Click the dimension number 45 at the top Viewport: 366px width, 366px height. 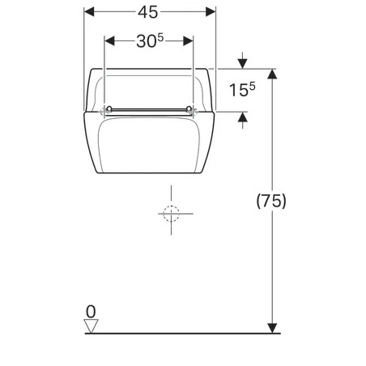147,12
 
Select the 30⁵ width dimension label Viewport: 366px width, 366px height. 150,41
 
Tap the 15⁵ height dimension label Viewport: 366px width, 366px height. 242,89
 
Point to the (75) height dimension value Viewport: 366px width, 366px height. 271,201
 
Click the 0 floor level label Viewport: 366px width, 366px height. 91,312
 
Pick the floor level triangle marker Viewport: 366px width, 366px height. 91,326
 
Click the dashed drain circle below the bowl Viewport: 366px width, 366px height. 172,214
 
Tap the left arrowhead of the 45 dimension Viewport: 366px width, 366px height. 89,12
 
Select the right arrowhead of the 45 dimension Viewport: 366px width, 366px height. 211,12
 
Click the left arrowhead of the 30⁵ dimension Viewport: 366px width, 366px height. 109,41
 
